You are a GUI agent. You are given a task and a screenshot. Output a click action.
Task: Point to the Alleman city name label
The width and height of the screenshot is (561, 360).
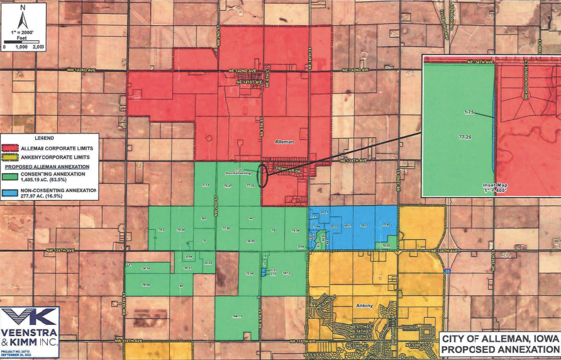[x=285, y=143]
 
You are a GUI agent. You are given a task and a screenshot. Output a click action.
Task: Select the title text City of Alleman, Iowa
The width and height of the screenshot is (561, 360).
[x=500, y=339]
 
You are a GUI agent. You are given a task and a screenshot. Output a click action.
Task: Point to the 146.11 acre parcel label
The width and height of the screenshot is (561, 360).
[x=237, y=316]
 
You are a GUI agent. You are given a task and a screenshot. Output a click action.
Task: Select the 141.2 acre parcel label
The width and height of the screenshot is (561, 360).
[x=286, y=274]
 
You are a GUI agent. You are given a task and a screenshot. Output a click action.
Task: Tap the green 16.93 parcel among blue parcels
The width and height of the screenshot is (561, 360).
[x=386, y=245]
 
